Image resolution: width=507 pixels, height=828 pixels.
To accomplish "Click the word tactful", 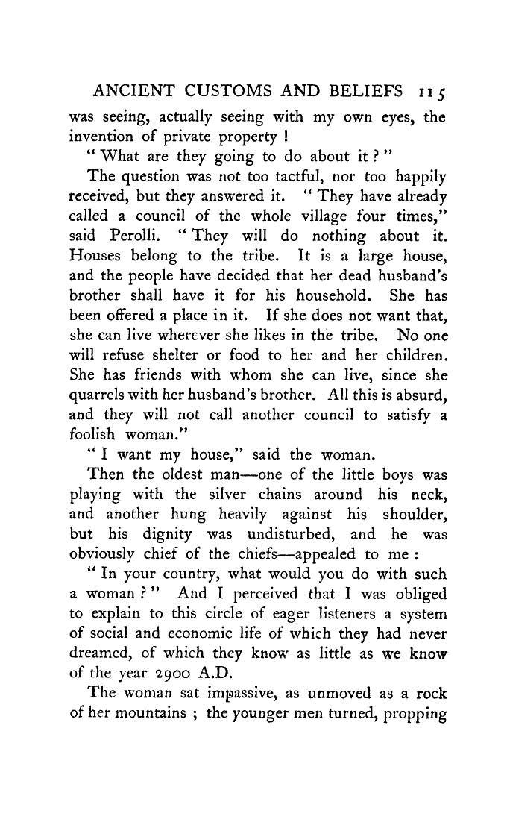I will click(294, 178).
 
